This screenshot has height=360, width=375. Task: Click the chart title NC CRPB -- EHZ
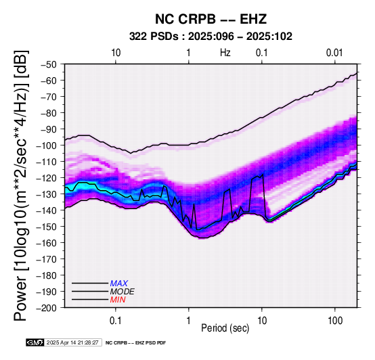tap(211, 19)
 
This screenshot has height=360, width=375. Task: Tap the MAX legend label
tap(119, 284)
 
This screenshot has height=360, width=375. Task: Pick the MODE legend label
tap(123, 292)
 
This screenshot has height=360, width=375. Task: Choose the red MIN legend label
tap(118, 300)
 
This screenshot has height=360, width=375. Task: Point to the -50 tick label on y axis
tap(48, 64)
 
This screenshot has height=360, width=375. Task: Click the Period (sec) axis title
tap(225, 328)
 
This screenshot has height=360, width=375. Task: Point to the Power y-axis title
tap(21, 185)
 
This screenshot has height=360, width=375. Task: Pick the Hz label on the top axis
tap(225, 53)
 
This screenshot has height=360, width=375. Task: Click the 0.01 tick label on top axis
tap(334, 53)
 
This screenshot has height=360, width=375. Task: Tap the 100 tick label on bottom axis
tap(335, 321)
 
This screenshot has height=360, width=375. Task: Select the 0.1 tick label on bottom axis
tap(116, 321)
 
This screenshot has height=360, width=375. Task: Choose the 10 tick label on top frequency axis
tap(116, 53)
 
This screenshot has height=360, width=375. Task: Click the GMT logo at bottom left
tap(35, 342)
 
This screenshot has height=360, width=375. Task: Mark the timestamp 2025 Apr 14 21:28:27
tap(72, 342)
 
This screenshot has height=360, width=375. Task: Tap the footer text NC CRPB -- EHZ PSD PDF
tap(135, 343)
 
